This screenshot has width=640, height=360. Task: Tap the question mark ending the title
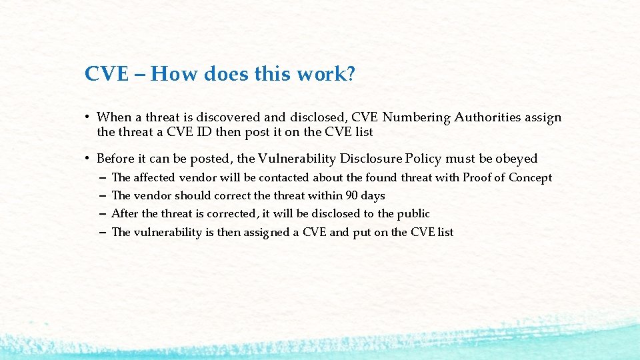(351, 74)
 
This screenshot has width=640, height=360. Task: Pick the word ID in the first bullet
(204, 132)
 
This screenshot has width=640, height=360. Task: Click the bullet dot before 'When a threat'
(87, 118)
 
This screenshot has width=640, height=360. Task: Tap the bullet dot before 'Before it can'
(87, 159)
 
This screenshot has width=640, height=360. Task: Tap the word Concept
(530, 178)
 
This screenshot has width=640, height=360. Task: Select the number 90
(352, 195)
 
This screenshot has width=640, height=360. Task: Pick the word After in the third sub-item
(124, 213)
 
